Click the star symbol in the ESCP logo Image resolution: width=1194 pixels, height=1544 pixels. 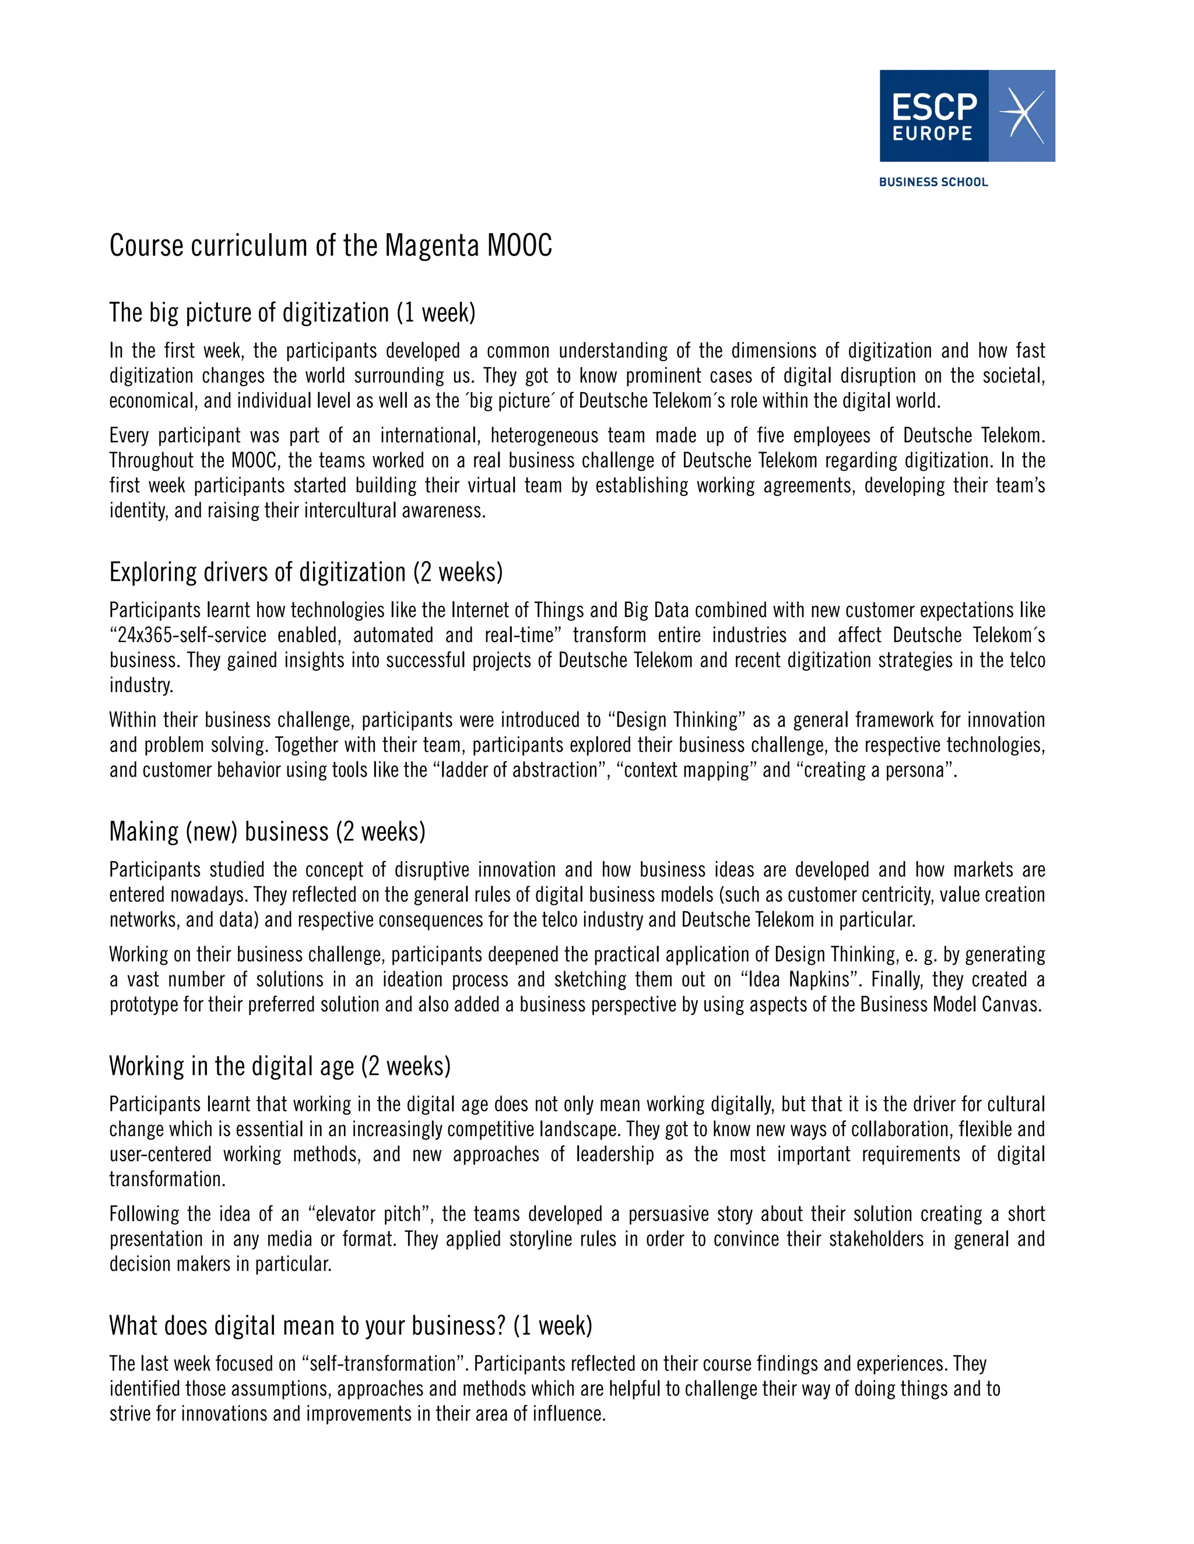[x=1021, y=115]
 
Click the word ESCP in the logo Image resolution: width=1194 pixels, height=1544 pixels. [x=934, y=107]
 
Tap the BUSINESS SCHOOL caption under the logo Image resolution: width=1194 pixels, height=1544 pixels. [x=933, y=182]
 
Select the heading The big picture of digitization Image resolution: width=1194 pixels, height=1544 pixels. [x=292, y=312]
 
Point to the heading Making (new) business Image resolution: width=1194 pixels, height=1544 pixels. [x=268, y=831]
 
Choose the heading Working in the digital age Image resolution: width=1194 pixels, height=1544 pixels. [x=279, y=1066]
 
